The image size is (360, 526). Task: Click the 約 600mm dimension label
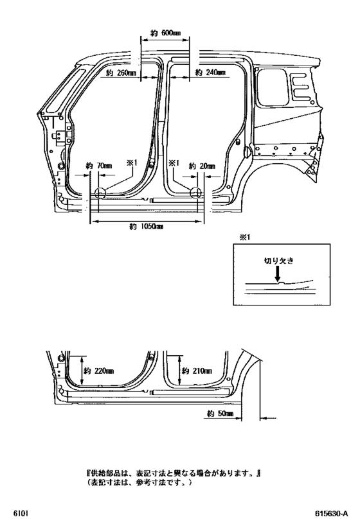click(x=166, y=33)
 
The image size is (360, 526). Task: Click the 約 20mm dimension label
click(x=202, y=166)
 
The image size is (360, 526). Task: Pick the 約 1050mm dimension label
click(x=147, y=227)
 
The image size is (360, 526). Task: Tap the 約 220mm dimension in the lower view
click(x=98, y=371)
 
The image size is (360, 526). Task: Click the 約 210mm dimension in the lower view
click(x=197, y=371)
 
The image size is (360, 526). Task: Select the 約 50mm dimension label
click(x=220, y=414)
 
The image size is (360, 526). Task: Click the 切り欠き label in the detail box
click(x=278, y=261)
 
